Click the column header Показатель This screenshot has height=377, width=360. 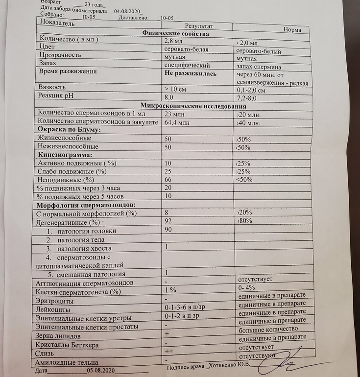[54, 24]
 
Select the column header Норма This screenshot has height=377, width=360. [292, 29]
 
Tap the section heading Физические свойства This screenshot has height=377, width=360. [175, 34]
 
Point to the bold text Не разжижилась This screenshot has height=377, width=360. [191, 73]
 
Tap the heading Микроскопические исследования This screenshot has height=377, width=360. [193, 105]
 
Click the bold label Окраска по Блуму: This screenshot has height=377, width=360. [69, 130]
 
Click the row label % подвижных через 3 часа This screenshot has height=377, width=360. [78, 188]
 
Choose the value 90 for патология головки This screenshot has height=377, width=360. [169, 230]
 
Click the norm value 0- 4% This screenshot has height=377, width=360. [247, 288]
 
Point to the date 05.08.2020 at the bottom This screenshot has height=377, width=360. [101, 371]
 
